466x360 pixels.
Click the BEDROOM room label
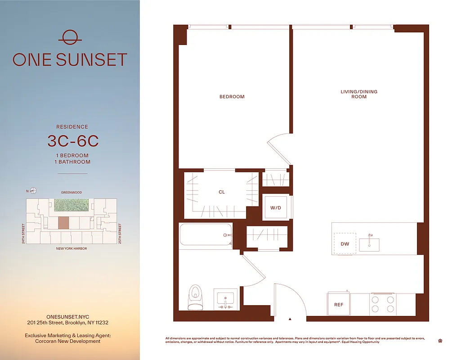232,97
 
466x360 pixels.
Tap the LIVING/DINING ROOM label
358,94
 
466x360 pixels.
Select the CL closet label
221,192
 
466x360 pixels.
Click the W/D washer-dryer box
276,208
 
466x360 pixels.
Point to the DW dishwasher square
345,244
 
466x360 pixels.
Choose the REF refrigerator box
339,305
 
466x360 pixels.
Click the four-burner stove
383,304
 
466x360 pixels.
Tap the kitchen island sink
369,244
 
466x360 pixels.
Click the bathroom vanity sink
225,298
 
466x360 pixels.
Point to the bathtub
206,235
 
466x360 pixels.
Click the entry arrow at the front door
290,319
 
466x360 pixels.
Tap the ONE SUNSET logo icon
70,37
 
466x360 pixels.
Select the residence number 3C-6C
72,141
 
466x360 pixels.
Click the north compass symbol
33,191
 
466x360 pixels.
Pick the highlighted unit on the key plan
64,223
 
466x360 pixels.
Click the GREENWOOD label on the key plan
72,193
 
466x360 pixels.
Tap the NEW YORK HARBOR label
72,248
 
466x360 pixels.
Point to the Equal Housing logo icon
439,341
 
